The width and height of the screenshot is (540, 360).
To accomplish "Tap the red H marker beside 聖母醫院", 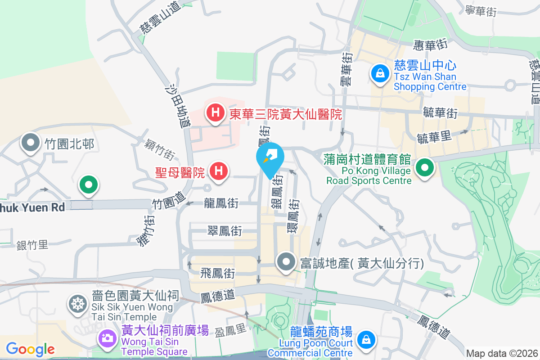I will [218, 171].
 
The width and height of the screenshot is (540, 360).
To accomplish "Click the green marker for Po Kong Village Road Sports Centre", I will [424, 169].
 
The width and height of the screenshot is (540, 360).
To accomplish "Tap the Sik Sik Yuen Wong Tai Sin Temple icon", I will [78, 304].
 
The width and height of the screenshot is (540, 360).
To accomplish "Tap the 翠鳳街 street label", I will [224, 231].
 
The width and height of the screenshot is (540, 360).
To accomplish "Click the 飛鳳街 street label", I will [217, 273].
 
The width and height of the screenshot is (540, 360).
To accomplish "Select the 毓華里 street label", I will [434, 137].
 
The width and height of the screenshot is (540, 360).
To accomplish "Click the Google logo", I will [30, 349].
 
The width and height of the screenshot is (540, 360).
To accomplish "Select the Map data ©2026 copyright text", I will [502, 353].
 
